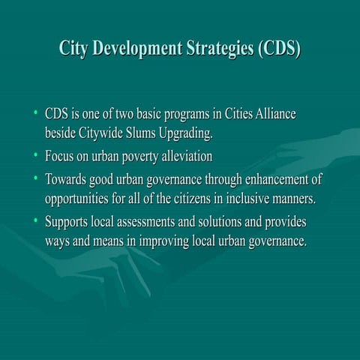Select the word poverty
145,157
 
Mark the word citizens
216,199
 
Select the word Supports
68,222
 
